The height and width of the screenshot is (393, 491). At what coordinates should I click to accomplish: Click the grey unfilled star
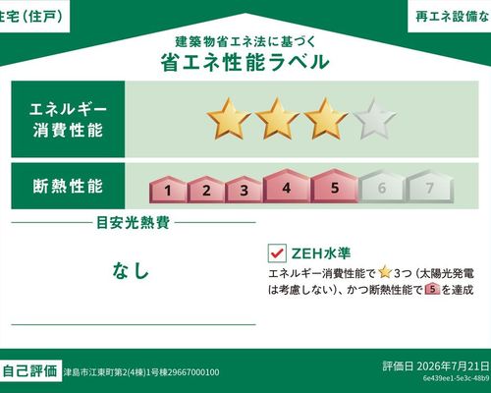click(374, 119)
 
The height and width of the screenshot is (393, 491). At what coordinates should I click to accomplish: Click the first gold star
click(229, 119)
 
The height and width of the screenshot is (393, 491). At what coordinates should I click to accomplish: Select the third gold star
click(326, 119)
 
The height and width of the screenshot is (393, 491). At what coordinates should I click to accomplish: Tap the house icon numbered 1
click(168, 190)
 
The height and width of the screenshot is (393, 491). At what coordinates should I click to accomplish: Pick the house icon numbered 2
click(206, 190)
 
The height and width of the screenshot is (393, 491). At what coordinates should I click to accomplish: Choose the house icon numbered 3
click(244, 190)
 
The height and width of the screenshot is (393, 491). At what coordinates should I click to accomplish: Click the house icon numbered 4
click(287, 186)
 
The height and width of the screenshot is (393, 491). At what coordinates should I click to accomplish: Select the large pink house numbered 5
click(334, 186)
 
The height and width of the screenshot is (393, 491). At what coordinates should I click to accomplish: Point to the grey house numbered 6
click(382, 187)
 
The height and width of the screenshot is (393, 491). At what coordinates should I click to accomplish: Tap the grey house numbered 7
click(430, 187)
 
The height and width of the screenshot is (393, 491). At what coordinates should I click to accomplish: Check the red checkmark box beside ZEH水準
click(277, 253)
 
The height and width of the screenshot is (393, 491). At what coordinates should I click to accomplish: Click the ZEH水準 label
click(321, 253)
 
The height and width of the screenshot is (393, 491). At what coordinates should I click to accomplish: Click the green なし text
click(131, 271)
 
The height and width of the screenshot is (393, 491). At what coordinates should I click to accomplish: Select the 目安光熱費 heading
click(134, 223)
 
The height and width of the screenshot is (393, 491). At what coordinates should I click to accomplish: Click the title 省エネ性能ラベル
click(245, 62)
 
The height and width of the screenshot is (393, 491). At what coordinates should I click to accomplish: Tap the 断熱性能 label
click(68, 186)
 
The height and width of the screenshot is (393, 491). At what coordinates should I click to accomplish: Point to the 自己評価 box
click(30, 371)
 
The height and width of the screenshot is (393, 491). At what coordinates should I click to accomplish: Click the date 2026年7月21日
click(453, 366)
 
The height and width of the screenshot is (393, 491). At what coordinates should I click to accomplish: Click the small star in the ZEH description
click(385, 272)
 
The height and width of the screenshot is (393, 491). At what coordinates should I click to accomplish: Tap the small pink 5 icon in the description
click(432, 289)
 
